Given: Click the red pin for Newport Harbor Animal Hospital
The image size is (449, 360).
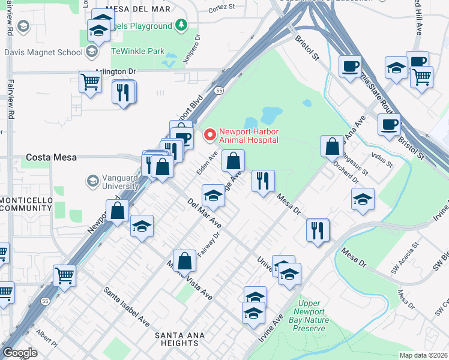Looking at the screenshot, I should tap(209, 135).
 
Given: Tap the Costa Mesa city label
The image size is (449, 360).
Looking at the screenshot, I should tap(51, 157).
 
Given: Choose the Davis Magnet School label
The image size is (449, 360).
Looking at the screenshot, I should tap(43, 52).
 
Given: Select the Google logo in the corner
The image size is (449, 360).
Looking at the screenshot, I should tap(20, 353).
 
